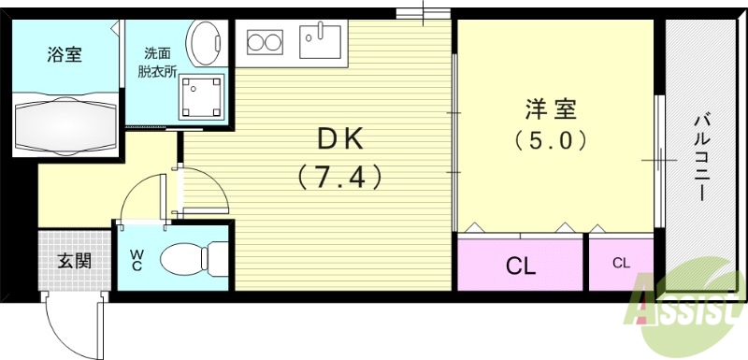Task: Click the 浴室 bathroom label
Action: point(65,54)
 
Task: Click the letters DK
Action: point(341,139)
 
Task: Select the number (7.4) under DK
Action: point(341,175)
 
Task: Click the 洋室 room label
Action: point(550,108)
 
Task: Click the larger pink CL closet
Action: point(521,266)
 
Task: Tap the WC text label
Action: point(137,258)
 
